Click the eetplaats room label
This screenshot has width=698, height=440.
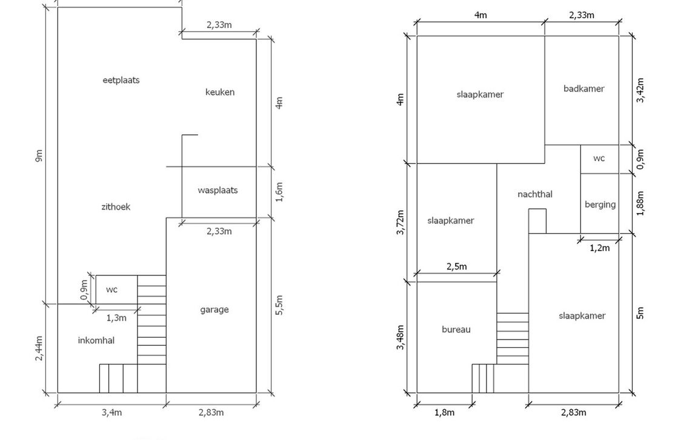pos(121,80)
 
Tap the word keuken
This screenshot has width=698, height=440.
pos(220,92)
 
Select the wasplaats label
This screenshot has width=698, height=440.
pos(218,190)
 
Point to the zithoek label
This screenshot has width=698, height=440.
pos(116,206)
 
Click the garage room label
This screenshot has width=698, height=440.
pos(214,309)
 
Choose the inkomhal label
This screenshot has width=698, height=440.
pos(96,340)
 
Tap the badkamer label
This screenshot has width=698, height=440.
pos(583,88)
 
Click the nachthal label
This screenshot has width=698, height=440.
pos(534,194)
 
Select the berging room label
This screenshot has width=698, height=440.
pos(600,205)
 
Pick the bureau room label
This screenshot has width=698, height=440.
pos(456,329)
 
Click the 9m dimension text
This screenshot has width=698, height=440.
pos(39,156)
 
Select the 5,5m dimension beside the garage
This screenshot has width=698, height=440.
pos(279,306)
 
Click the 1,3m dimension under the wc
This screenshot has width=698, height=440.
pos(116,318)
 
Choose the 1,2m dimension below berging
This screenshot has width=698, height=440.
pos(599,248)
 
